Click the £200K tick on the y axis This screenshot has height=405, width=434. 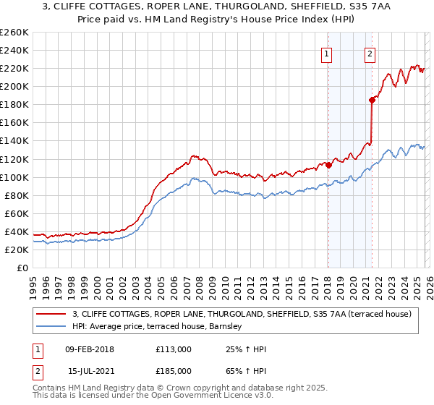tap(14, 86)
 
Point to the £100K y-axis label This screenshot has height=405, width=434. tap(14, 177)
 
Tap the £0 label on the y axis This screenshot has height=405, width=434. tap(22, 268)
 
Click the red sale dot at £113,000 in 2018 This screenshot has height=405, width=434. tap(328, 165)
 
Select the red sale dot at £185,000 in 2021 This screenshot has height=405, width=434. tap(372, 100)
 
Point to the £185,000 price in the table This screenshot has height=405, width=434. tap(174, 370)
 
